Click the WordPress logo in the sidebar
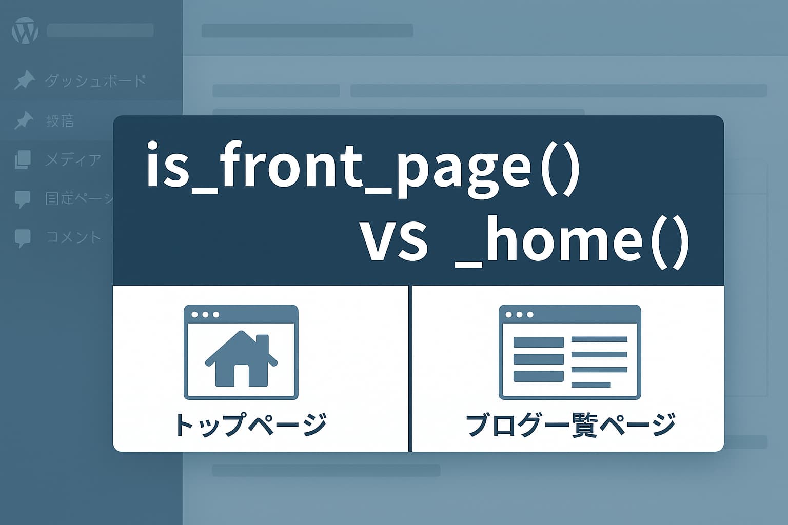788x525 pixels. pos(25,31)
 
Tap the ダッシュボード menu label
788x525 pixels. pos(95,81)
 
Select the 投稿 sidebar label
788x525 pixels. pos(60,121)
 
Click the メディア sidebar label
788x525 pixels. pos(73,160)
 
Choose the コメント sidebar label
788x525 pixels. pos(73,237)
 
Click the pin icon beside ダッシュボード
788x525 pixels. pos(24,80)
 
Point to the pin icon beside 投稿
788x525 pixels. pos(24,121)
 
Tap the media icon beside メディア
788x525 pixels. pos(23,160)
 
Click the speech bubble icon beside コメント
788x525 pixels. pos(23,238)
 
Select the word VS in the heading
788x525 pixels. pos(395,241)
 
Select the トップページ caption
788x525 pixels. pos(250,425)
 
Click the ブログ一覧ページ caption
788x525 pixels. pos(570,425)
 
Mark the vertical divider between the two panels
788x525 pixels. pos(410,368)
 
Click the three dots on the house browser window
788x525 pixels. pos(205,314)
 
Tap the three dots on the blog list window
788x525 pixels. pos(520,314)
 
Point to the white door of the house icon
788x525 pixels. pos(242,375)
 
